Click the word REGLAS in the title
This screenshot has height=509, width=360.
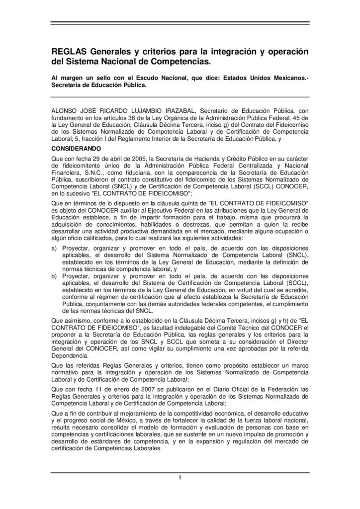[x=70, y=52]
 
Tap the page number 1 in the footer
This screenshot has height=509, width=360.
[x=180, y=478]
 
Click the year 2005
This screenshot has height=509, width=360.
[x=124, y=158]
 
